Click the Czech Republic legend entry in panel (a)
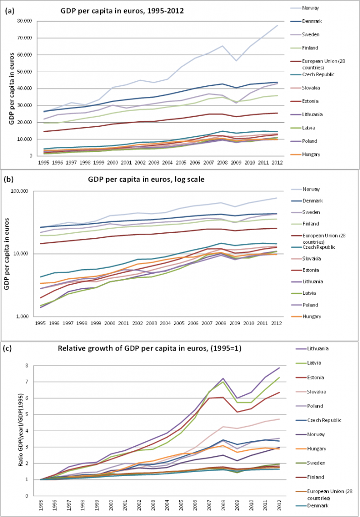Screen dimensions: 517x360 pos(323,75)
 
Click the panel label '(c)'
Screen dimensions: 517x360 pos(9,348)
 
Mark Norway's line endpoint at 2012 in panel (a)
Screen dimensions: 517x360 pos(277,25)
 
